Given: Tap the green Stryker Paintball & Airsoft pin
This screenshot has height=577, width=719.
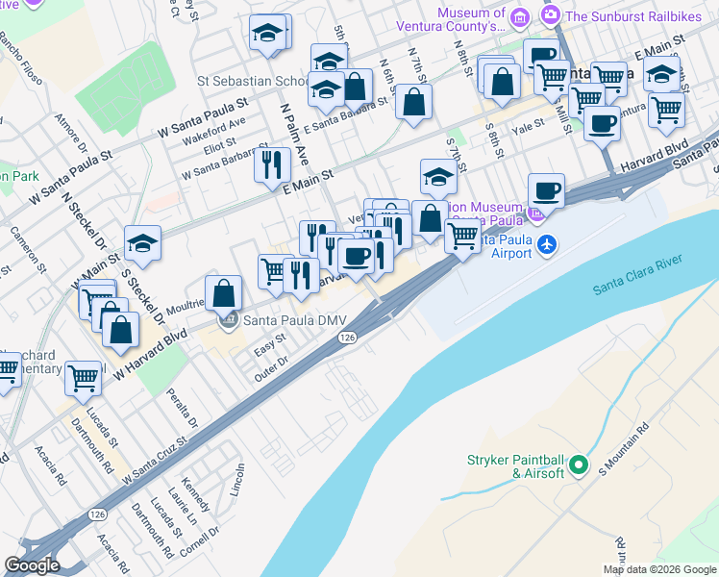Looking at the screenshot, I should click(578, 465).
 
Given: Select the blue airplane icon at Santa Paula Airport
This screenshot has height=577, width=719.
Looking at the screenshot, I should click(547, 243).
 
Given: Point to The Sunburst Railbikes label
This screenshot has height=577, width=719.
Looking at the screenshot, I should click(629, 15).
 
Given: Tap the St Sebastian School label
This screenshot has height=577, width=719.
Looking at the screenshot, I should click(252, 82).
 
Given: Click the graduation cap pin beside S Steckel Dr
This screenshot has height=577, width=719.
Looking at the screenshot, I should click(142, 243).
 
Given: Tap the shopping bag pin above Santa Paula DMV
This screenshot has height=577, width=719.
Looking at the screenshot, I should click(223, 292).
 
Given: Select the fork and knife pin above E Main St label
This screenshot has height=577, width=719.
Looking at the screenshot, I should click(272, 163).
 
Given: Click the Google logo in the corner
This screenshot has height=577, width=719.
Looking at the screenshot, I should click(33, 565).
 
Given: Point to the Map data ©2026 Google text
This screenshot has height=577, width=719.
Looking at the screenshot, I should click(659, 569).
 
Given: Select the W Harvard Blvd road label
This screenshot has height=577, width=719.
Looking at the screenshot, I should click(149, 354).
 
